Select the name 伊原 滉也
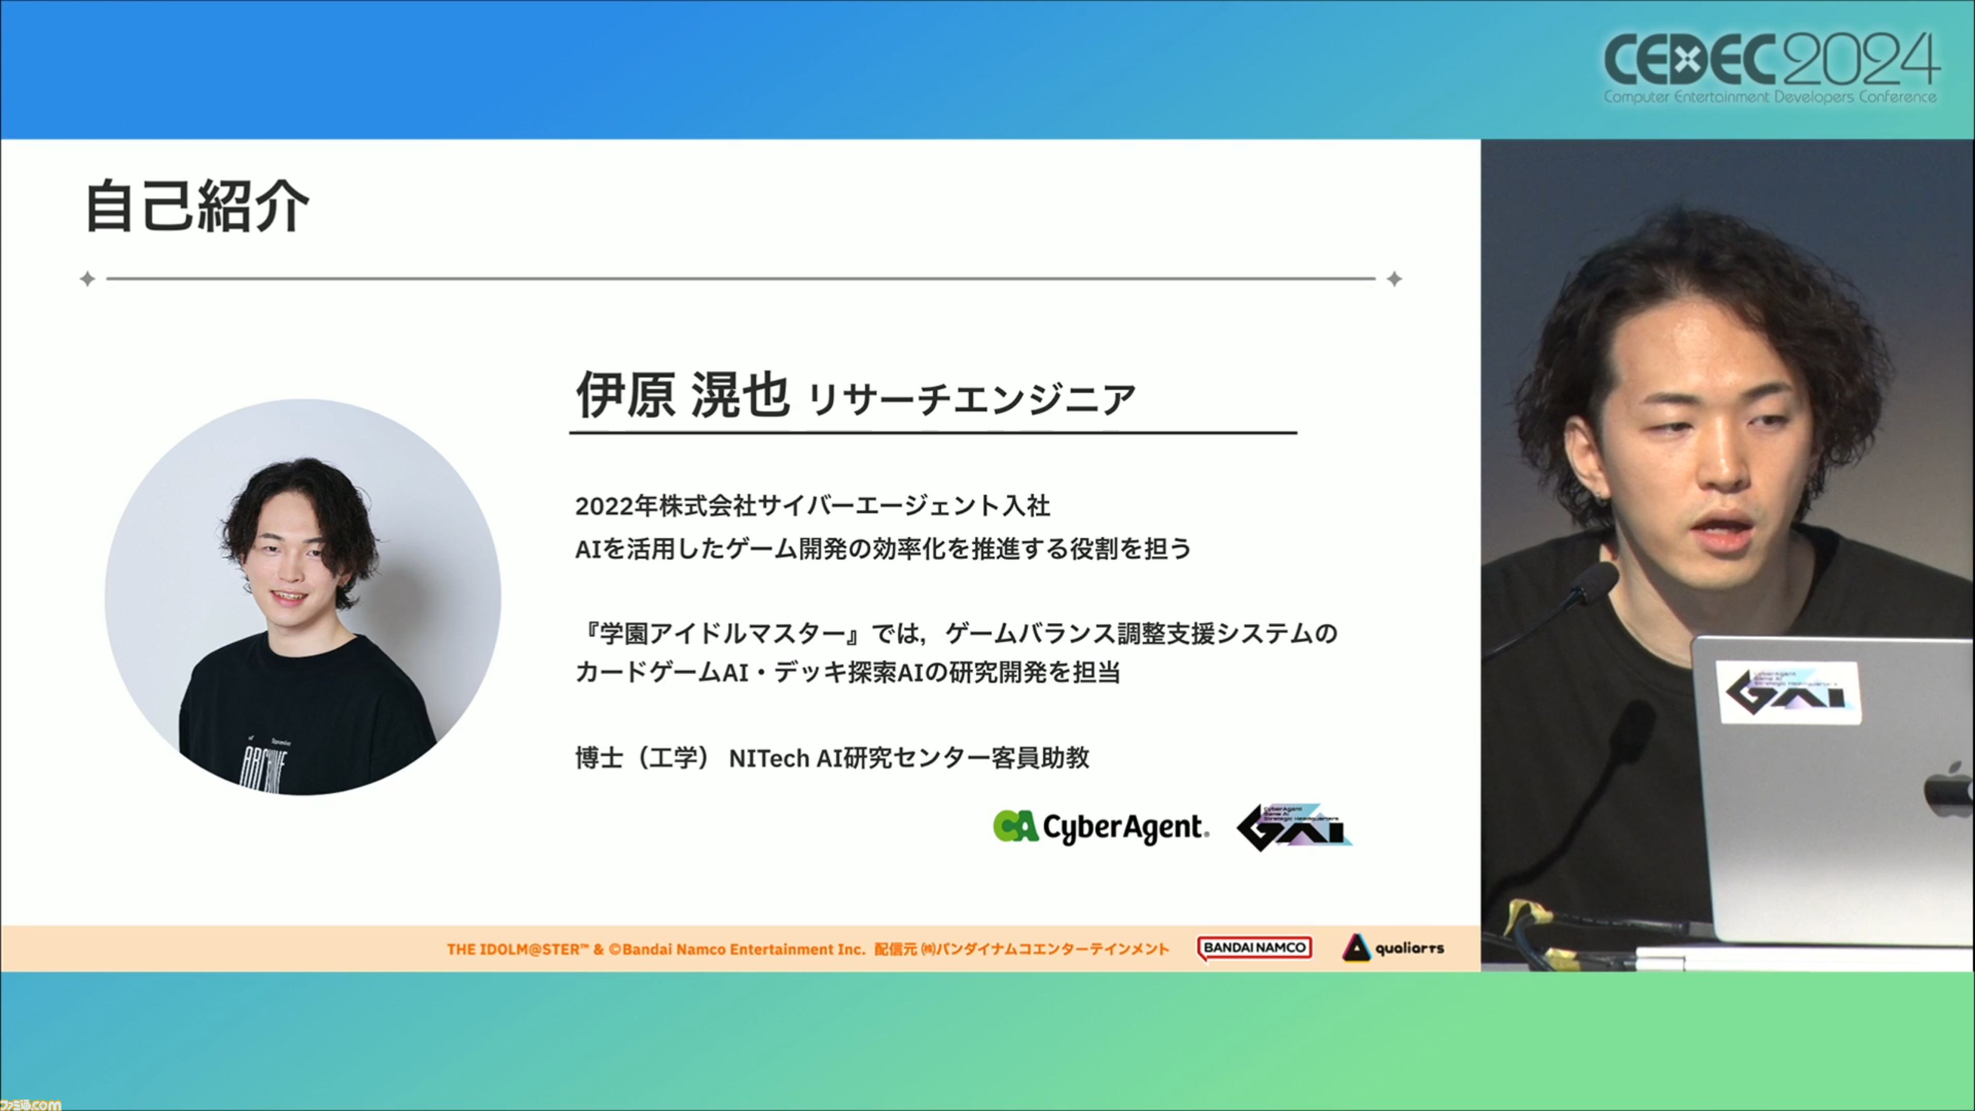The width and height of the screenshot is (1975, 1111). click(683, 395)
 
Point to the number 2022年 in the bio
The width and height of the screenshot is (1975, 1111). click(617, 506)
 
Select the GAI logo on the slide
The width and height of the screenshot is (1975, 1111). click(1294, 827)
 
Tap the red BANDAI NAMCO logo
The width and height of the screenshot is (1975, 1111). click(1254, 948)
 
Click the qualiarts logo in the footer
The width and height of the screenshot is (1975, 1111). click(1393, 948)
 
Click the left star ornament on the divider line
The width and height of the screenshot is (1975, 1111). click(87, 279)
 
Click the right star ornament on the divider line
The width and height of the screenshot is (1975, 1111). click(1395, 279)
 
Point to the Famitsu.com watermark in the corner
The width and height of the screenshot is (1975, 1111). click(31, 1104)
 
